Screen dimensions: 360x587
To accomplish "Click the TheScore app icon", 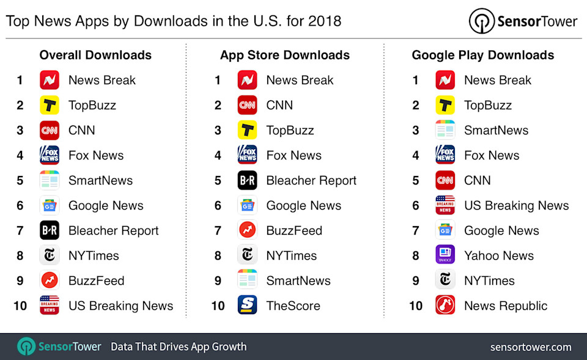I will [247, 306].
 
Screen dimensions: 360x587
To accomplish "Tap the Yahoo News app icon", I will [445, 255].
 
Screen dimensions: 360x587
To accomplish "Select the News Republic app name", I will [506, 306].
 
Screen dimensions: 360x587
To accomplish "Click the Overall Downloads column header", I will [95, 55].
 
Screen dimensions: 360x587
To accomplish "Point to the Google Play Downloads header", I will [482, 55].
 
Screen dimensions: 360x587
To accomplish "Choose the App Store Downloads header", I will [285, 55].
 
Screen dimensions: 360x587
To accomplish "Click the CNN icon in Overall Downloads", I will [50, 130].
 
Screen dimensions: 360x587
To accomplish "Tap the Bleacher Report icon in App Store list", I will [247, 180].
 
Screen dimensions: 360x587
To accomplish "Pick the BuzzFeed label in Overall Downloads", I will [96, 281].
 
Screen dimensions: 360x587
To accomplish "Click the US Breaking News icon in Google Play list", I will [445, 205].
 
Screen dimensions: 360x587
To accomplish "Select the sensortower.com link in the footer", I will [531, 347].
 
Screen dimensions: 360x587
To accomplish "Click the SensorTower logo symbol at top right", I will [481, 21].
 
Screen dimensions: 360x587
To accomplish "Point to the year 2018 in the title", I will [325, 21].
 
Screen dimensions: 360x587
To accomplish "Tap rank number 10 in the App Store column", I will [218, 306].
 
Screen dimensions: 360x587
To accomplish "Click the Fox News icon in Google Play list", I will [445, 155].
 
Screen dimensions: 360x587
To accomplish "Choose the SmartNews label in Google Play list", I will [496, 130].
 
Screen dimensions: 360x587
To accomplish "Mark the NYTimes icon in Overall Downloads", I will [50, 255].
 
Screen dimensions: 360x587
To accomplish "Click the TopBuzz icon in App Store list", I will [247, 130].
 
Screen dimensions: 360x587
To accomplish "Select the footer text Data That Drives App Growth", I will [179, 347].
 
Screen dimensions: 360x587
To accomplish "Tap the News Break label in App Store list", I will [300, 80].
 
